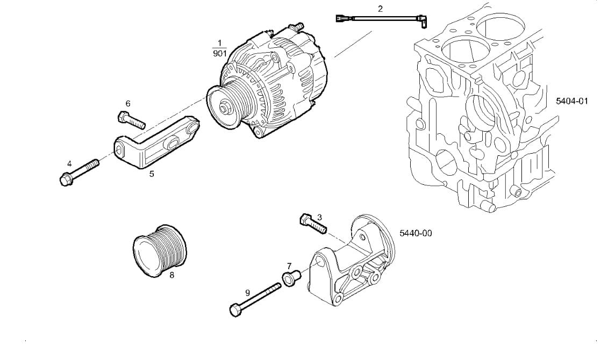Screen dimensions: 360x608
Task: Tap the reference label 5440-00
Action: pos(416,233)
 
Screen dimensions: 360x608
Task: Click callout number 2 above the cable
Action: pos(380,9)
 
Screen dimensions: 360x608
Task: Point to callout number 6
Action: pos(128,103)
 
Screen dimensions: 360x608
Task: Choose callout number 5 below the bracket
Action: pos(152,174)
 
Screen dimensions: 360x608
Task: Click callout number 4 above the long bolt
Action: pos(69,163)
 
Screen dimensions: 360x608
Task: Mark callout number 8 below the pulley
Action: pos(171,275)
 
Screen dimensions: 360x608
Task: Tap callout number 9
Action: pos(248,293)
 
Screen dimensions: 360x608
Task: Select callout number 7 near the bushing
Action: pos(289,266)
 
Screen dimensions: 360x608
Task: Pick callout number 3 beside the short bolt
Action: pos(319,217)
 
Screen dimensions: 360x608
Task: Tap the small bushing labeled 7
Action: pos(290,278)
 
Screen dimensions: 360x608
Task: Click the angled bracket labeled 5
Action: pos(156,144)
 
